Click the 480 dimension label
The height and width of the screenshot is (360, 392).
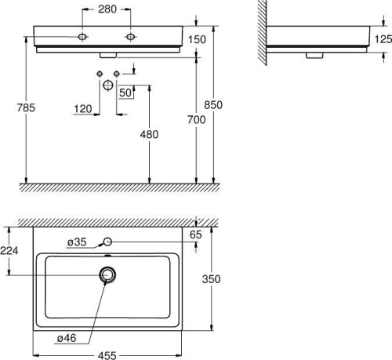[149, 134]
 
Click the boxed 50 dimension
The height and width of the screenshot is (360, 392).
[125, 93]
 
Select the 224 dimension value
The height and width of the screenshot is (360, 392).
[10, 250]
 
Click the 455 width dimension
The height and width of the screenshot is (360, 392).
[107, 355]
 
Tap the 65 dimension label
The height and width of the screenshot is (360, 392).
[196, 233]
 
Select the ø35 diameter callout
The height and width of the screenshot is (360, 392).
[76, 242]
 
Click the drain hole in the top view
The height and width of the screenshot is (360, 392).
[107, 275]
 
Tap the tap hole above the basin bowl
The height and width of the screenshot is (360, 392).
[108, 242]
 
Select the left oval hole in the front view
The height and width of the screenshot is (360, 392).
[84, 36]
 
